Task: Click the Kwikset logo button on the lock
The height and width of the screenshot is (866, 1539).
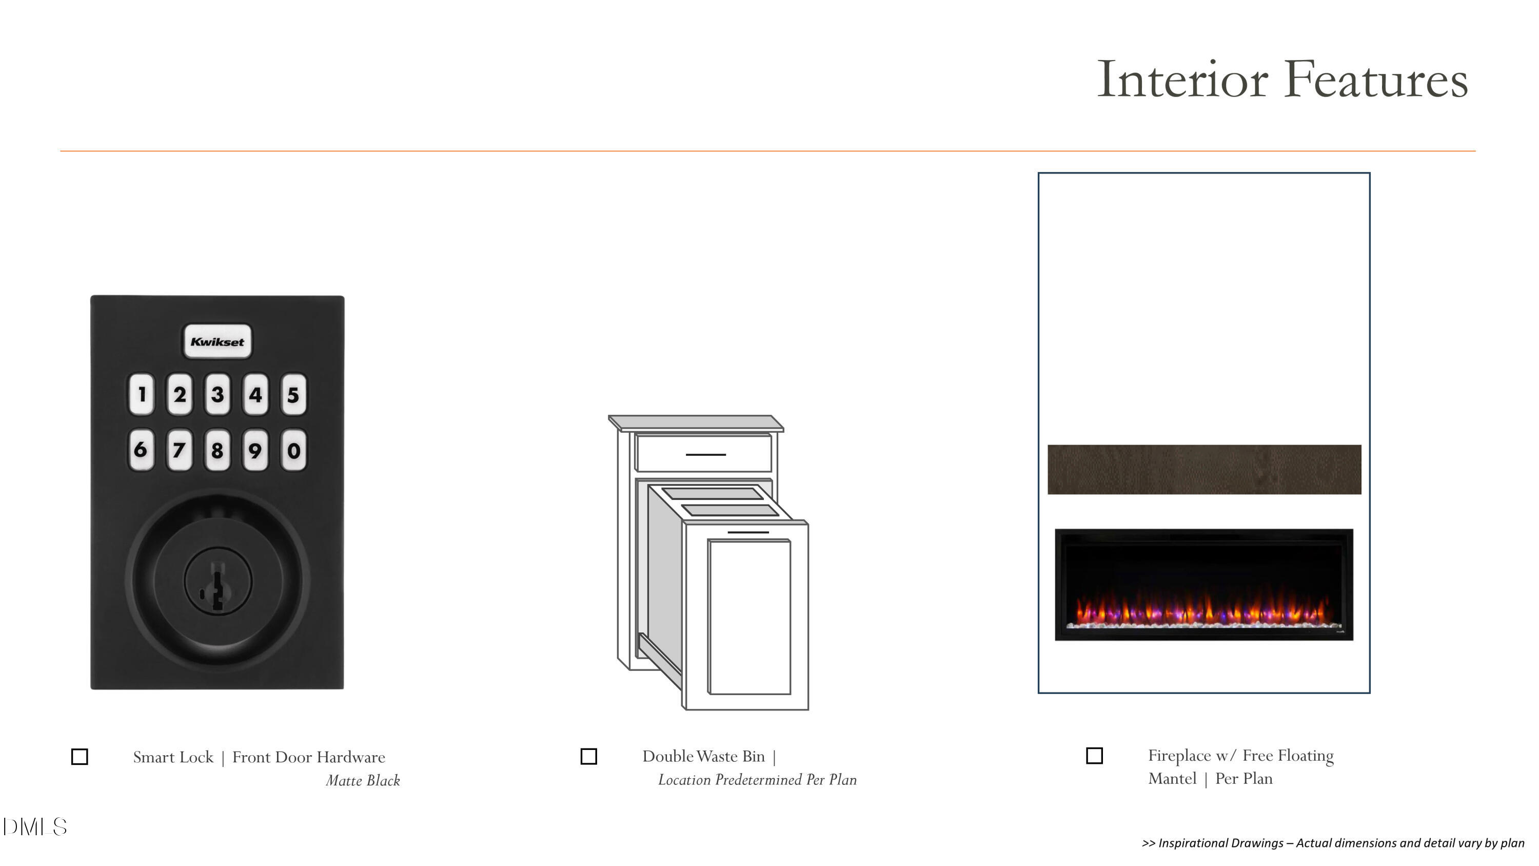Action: click(217, 341)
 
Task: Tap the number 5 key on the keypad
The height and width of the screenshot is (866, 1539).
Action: click(293, 394)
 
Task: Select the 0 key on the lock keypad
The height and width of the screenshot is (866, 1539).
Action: click(293, 450)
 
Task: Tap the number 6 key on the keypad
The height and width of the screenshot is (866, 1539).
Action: click(141, 450)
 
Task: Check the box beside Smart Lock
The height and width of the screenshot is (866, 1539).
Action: click(80, 757)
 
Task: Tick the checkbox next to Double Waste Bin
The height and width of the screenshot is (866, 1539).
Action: click(588, 756)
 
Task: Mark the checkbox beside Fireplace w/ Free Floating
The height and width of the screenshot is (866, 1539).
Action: click(1094, 756)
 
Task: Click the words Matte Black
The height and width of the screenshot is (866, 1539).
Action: click(363, 781)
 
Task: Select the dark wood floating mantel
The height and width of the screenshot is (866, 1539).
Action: click(1205, 469)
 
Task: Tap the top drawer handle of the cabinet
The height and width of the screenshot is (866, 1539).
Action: click(705, 455)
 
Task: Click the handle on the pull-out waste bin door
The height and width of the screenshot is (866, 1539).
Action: click(748, 532)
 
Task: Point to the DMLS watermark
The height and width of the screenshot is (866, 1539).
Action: click(35, 827)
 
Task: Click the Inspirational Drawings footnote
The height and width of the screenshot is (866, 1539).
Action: click(1333, 843)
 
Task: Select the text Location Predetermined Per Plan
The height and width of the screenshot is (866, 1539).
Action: click(758, 780)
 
